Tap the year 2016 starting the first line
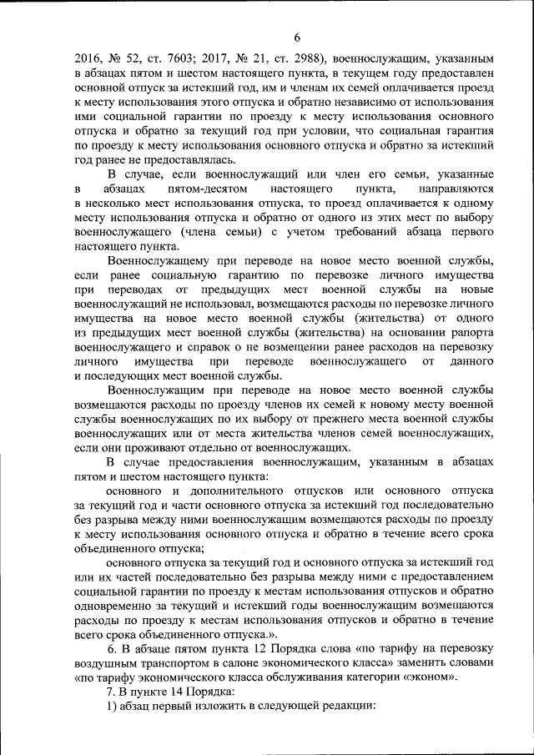(88, 59)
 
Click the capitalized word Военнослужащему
(165, 262)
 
